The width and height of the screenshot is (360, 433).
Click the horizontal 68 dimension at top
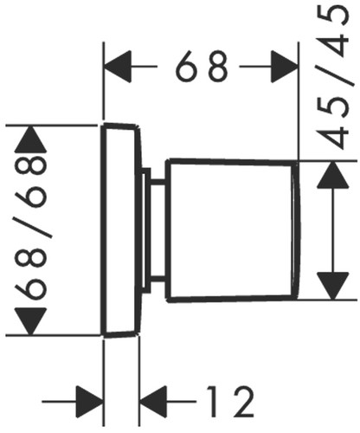(202, 66)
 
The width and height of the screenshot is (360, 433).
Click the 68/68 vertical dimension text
(30, 228)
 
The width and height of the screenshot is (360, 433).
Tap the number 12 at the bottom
(231, 401)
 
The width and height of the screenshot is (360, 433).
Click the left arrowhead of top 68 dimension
(118, 67)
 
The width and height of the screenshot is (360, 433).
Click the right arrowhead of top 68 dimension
(285, 67)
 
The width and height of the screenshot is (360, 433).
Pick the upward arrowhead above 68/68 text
(30, 139)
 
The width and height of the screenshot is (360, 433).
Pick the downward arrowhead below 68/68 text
(30, 321)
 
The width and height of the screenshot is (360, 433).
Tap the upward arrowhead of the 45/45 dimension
(333, 175)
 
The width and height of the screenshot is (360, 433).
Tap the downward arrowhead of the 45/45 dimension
(333, 286)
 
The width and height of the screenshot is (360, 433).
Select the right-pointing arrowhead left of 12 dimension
(90, 401)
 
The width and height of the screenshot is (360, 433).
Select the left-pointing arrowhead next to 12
(153, 401)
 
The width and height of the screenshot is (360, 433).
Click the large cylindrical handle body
(232, 230)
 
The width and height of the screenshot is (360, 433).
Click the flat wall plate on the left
(121, 230)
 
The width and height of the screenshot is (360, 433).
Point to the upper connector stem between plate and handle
(157, 182)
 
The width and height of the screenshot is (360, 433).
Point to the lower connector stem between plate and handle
(157, 278)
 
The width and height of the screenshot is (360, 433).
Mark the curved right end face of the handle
(296, 230)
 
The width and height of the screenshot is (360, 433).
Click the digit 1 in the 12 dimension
(213, 401)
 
